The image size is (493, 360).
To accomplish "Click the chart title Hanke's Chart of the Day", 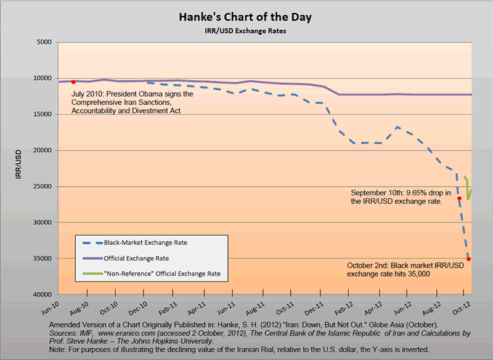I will click(245, 17).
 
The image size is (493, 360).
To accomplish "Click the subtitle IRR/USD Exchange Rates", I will click(245, 30).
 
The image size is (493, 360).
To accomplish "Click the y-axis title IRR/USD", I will click(18, 168).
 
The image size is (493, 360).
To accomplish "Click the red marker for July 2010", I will click(73, 81).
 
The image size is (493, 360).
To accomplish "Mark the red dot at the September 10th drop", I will click(459, 198).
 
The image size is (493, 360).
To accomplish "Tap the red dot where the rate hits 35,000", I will click(469, 259).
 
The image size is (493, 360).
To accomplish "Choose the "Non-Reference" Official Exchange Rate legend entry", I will click(162, 273).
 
